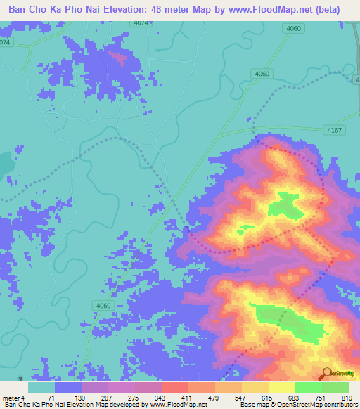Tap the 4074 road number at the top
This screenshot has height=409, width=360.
(x=141, y=23)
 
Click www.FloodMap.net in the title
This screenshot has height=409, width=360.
(x=257, y=10)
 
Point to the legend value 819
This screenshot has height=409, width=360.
(x=347, y=397)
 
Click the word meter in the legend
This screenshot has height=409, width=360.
(x=10, y=397)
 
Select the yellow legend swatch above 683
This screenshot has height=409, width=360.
(x=281, y=387)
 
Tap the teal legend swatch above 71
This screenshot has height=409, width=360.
(x=41, y=387)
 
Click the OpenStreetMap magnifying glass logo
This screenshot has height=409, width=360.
(x=326, y=374)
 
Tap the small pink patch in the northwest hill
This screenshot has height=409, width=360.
(x=120, y=58)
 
